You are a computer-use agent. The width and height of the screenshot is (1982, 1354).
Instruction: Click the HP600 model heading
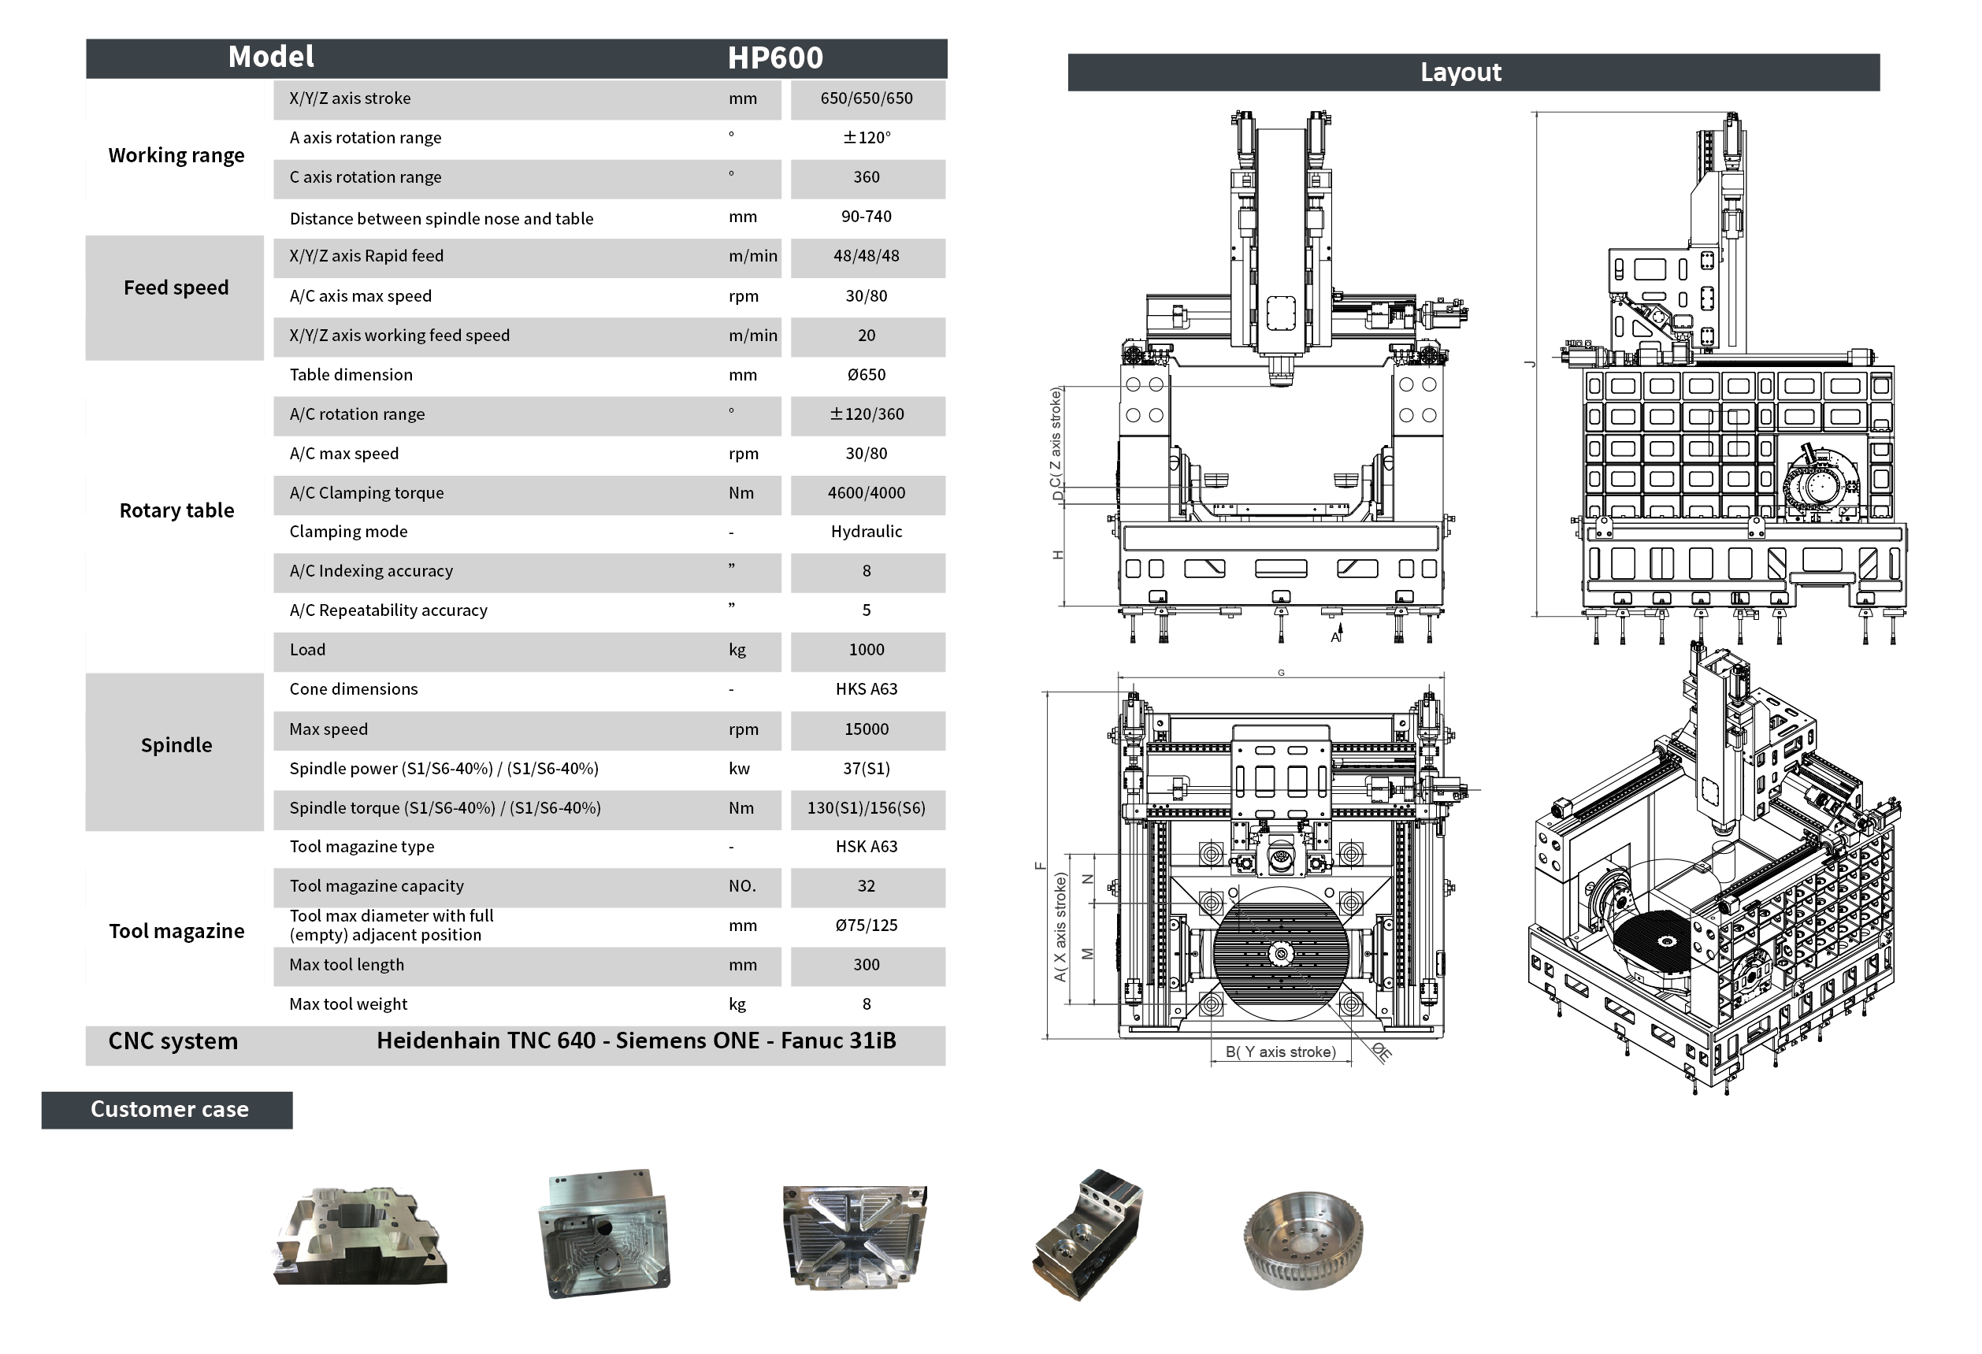click(x=774, y=58)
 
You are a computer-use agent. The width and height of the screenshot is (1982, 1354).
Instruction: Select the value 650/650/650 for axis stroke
click(x=867, y=98)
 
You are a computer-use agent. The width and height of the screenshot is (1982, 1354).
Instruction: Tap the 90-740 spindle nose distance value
click(x=867, y=217)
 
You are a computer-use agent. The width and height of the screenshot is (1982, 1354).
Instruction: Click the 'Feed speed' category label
click(x=176, y=288)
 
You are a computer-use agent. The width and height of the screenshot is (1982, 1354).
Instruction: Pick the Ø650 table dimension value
click(x=867, y=375)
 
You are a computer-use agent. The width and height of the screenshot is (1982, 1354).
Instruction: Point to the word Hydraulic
click(x=867, y=532)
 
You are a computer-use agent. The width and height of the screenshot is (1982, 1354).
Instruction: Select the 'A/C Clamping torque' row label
click(x=367, y=493)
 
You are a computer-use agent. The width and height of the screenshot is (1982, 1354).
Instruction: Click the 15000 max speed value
click(x=867, y=730)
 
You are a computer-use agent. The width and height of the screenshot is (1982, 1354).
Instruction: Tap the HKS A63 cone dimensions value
click(x=867, y=689)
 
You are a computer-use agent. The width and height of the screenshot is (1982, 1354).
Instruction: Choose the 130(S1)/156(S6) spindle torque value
click(x=867, y=808)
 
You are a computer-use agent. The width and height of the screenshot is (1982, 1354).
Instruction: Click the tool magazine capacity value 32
click(x=867, y=887)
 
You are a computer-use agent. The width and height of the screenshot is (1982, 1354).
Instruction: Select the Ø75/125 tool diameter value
click(x=867, y=926)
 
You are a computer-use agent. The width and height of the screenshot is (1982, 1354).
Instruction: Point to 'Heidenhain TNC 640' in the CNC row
click(x=486, y=1041)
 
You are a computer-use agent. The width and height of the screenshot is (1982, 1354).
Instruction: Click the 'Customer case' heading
click(x=169, y=1110)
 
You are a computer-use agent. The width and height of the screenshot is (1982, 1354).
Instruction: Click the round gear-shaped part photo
click(x=1302, y=1241)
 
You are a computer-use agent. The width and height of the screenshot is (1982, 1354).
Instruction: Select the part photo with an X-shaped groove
click(x=855, y=1237)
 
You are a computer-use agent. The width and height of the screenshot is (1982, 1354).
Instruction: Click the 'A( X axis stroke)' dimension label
click(x=1060, y=928)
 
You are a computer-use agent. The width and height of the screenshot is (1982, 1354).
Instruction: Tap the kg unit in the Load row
click(x=737, y=651)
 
